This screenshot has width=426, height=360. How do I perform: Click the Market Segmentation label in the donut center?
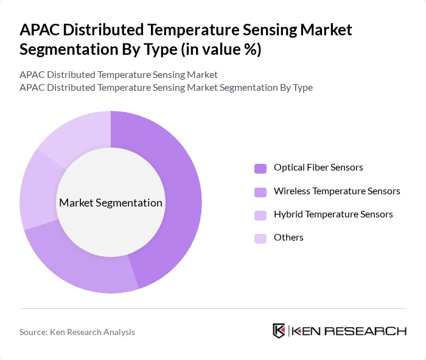[x=111, y=203]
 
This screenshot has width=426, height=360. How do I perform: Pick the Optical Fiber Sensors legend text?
[x=318, y=168]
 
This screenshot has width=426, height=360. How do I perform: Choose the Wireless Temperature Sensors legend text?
[x=337, y=191]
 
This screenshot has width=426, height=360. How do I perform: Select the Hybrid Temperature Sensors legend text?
[x=333, y=214]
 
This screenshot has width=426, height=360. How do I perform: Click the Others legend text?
[x=288, y=238]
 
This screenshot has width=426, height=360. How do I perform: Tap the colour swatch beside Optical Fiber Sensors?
[x=260, y=168]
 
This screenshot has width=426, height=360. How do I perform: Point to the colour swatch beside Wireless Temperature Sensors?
[x=260, y=191]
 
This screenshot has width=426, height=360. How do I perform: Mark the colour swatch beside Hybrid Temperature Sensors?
[x=260, y=215]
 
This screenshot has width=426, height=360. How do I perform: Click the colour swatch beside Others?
[x=260, y=238]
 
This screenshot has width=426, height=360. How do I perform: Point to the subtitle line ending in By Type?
[x=166, y=88]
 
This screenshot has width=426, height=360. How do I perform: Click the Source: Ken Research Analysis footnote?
[x=77, y=332]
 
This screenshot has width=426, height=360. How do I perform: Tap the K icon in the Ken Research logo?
[x=279, y=331]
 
